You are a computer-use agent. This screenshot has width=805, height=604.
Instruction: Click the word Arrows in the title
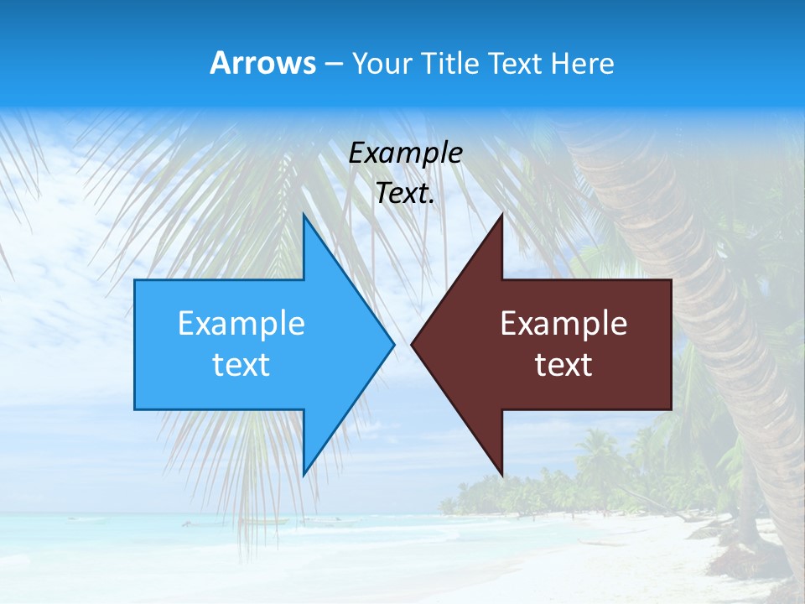(x=262, y=63)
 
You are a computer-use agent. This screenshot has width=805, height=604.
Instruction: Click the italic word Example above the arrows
(x=406, y=153)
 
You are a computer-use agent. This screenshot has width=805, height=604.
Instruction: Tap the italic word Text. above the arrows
(x=406, y=193)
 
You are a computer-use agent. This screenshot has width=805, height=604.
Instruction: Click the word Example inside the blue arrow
(x=241, y=324)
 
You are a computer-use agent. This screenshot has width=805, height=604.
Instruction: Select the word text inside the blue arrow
(x=241, y=365)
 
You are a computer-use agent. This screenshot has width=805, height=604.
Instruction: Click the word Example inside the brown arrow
(x=563, y=324)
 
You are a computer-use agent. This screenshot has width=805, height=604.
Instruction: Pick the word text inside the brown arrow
(x=563, y=365)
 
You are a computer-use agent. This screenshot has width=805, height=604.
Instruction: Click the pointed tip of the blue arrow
(x=392, y=344)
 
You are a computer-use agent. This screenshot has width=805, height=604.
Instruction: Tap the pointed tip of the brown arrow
(x=413, y=344)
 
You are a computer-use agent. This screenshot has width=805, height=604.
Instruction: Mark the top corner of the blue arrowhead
(x=304, y=216)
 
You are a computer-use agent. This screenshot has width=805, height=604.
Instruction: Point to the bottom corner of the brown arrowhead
(x=501, y=475)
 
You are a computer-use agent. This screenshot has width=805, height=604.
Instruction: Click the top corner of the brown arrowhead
(x=501, y=216)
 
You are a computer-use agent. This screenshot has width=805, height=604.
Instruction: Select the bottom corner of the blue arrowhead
(x=304, y=475)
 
